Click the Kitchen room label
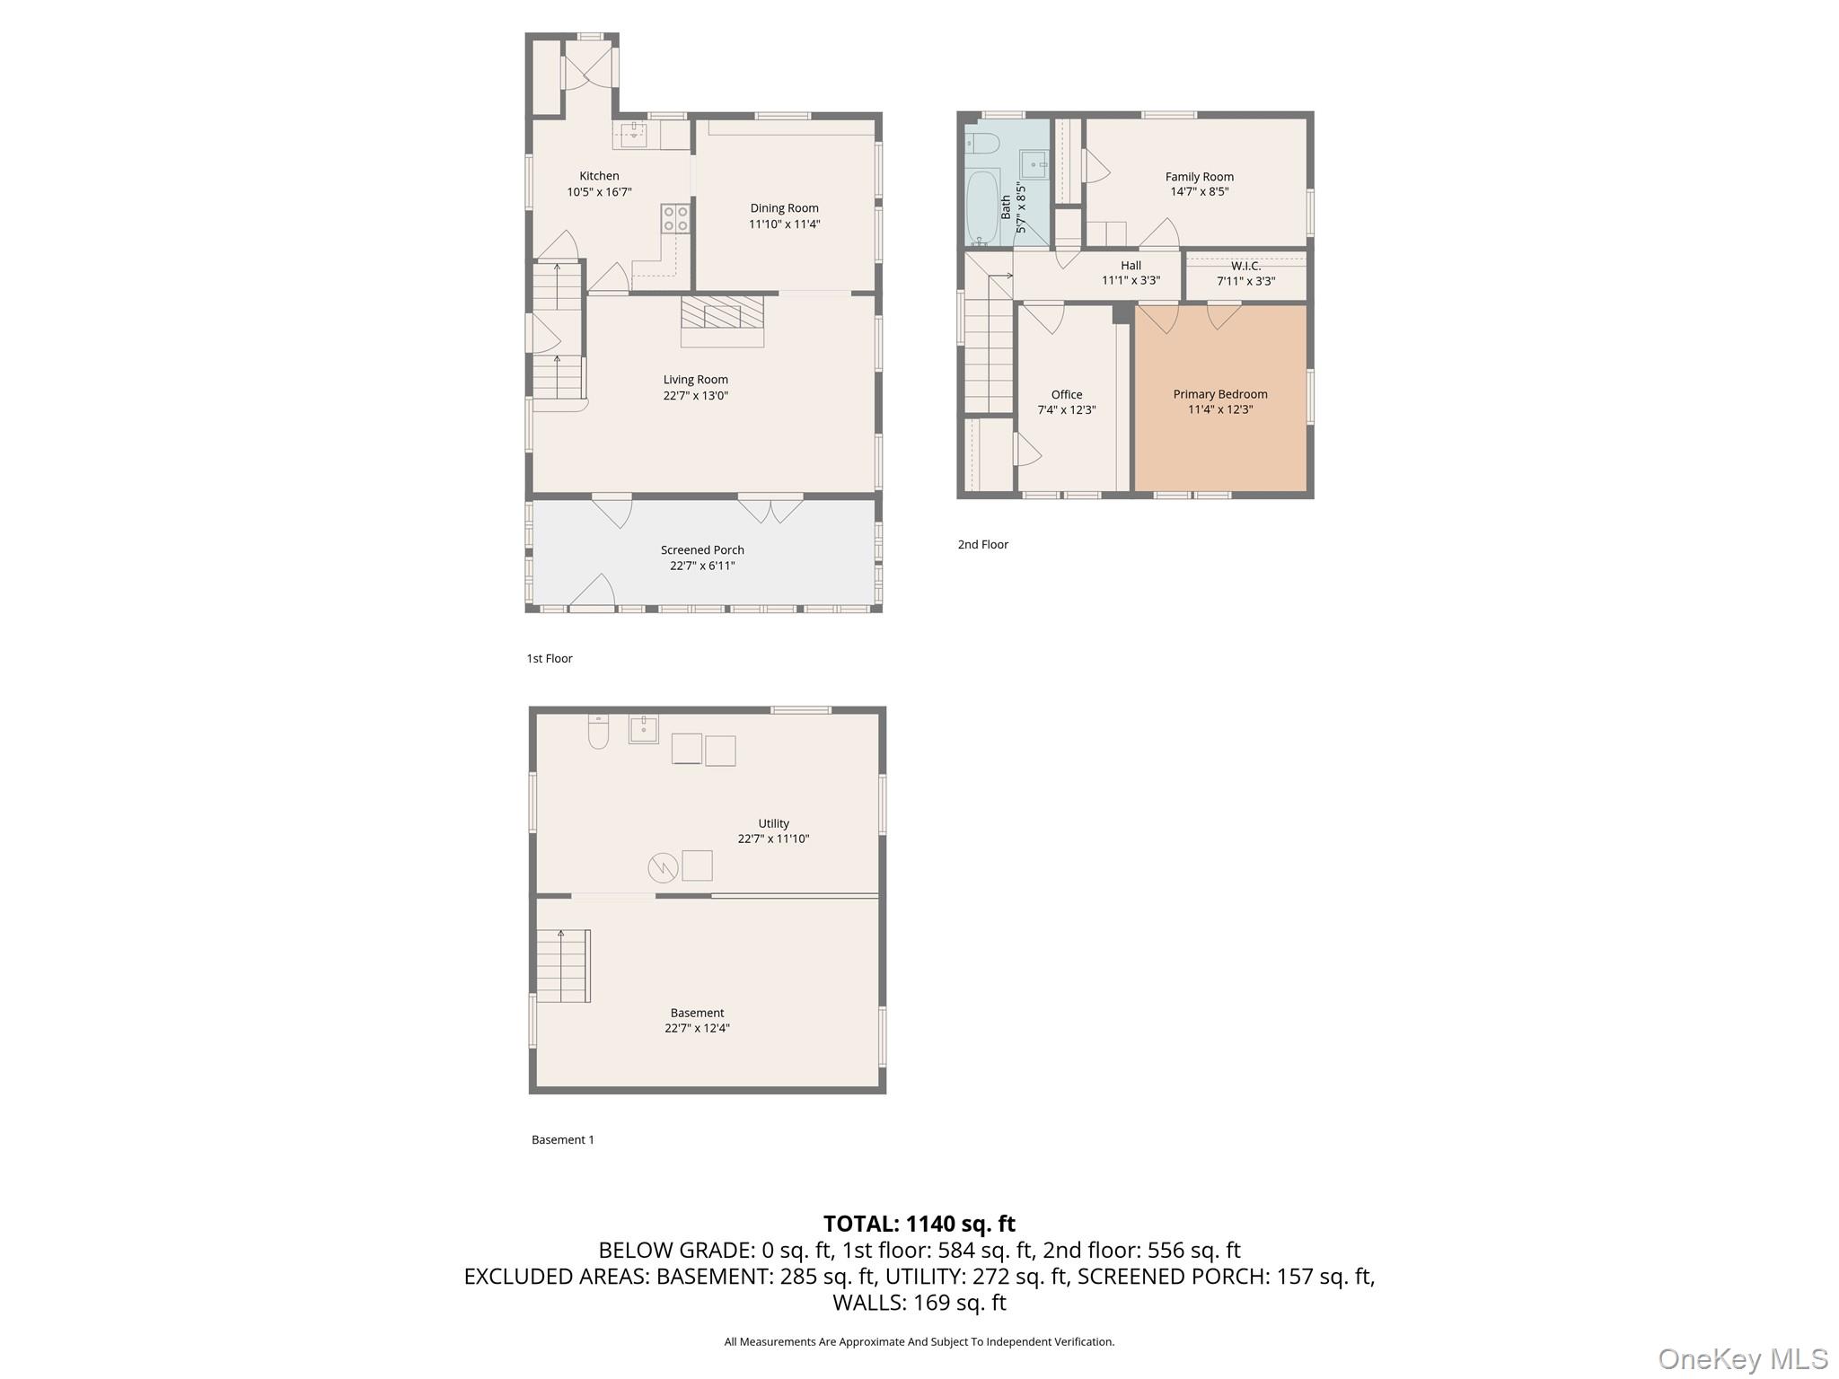coord(599,176)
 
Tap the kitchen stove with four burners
coord(675,218)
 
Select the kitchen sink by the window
coord(634,135)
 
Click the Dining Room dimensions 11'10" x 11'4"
coord(784,224)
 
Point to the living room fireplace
coord(722,320)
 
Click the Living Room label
coord(695,380)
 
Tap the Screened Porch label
coord(702,550)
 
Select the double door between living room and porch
coord(770,508)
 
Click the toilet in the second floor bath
coord(982,143)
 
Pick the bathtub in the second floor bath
coord(982,206)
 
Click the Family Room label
coord(1199,177)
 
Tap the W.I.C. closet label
coord(1245,267)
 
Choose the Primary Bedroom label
coord(1219,394)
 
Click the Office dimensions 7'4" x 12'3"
coord(1066,410)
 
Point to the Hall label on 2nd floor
coord(1131,266)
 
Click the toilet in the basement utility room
coord(598,731)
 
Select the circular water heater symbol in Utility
coord(663,866)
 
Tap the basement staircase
coord(563,966)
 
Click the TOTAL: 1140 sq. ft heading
coord(919,1224)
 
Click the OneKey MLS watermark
coord(1742,1358)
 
